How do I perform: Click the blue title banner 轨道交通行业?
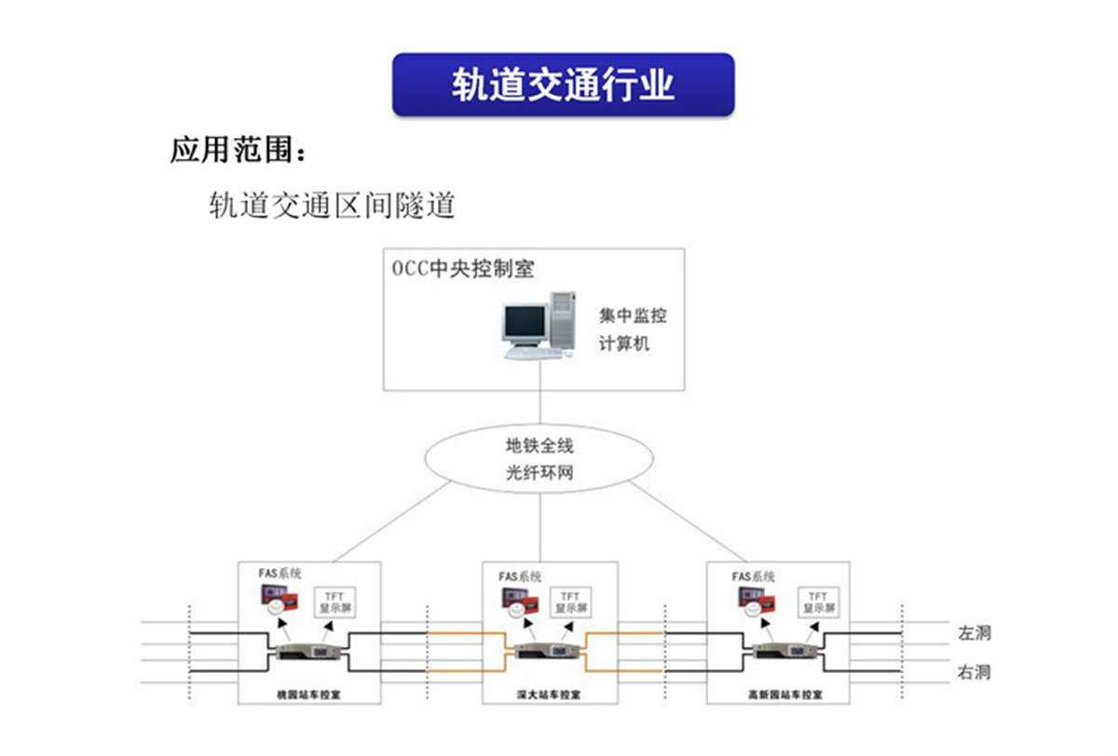pos(563,85)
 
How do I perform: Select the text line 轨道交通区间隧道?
pos(332,204)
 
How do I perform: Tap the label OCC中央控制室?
pos(462,269)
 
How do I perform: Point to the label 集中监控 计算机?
pos(633,330)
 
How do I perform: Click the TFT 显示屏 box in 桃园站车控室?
pos(334,601)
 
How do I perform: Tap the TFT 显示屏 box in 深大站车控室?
pos(569,601)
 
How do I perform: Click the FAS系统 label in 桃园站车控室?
pos(280,574)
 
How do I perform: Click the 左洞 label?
pos(974,633)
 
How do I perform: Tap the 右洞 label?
pos(974,672)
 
